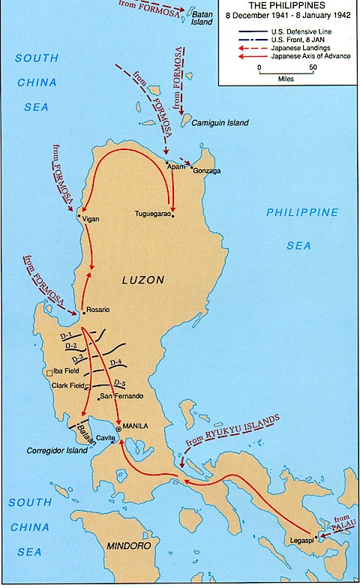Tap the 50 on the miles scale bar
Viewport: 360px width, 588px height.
click(x=313, y=67)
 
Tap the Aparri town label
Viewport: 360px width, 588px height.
click(x=175, y=166)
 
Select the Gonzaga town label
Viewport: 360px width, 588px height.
click(x=208, y=171)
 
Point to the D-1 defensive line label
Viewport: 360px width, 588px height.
click(x=66, y=335)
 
